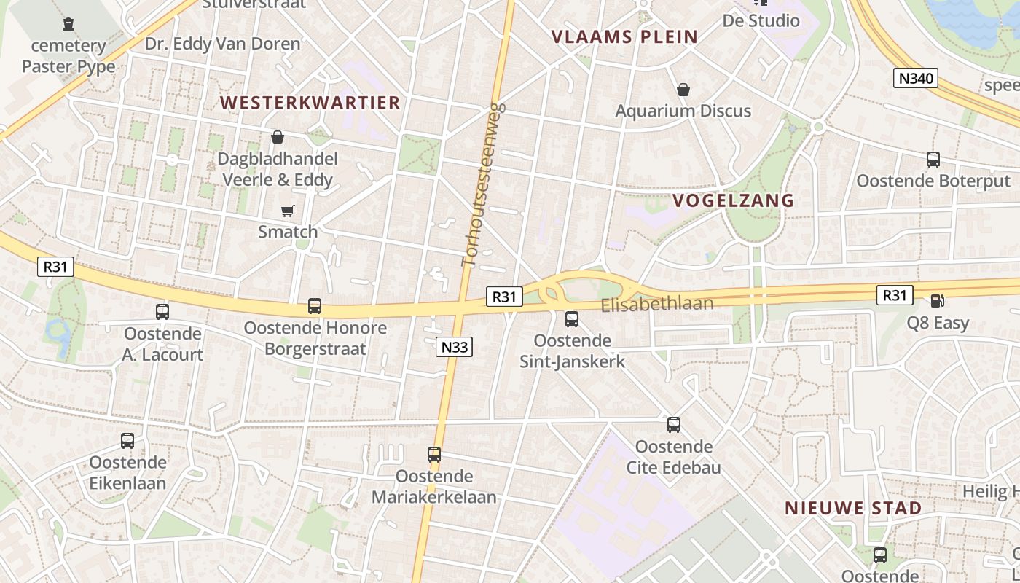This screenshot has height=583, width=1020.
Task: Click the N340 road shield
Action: tap(916, 78)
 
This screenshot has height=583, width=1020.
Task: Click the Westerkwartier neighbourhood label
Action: tap(310, 103)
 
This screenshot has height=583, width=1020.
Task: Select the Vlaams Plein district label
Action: tap(624, 36)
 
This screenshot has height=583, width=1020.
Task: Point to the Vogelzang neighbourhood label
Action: tap(733, 200)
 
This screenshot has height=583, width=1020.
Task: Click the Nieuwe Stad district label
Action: tap(853, 508)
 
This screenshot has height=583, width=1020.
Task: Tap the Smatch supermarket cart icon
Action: tap(288, 211)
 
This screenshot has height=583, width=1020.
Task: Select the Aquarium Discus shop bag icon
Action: tap(683, 90)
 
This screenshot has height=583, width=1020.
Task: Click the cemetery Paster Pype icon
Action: tap(68, 24)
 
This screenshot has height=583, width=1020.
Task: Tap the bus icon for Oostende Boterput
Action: tap(933, 160)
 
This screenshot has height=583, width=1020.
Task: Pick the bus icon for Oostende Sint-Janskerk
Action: tap(572, 318)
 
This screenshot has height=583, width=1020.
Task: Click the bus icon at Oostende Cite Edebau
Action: tap(674, 424)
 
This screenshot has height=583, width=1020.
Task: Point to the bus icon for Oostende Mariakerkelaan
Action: tap(434, 455)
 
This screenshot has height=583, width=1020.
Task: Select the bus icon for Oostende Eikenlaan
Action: tap(127, 441)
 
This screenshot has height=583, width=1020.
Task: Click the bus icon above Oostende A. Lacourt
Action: tap(162, 312)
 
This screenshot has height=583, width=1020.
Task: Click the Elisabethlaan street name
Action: tap(657, 304)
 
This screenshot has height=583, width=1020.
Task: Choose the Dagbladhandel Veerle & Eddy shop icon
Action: tap(278, 137)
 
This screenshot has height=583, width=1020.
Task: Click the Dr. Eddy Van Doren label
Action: tap(222, 44)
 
